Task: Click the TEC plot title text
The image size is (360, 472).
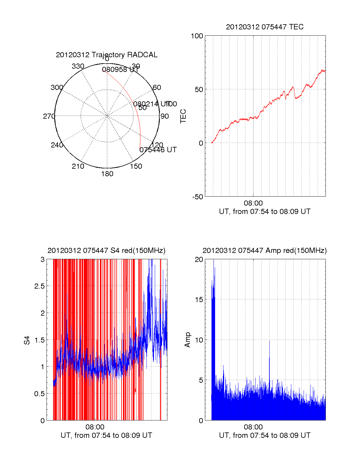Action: coord(265,27)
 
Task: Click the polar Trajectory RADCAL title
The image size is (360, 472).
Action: coord(106,55)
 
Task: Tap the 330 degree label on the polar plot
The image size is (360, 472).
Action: coord(78,66)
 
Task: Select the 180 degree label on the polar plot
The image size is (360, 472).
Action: coord(107,174)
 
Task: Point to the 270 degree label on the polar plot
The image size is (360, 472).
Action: coord(49,116)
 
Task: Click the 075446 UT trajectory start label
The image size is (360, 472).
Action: coord(158,150)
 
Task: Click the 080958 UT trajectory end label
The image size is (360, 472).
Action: coord(121,70)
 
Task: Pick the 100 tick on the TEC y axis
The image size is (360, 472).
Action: coord(197,36)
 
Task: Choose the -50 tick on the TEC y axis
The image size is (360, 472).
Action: coord(197,197)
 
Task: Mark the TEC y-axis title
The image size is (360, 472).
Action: coord(183,116)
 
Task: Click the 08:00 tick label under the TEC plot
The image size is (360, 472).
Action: coord(253,203)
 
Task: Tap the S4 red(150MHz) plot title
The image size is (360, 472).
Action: coord(106,251)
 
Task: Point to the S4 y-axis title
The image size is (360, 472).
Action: coord(27,340)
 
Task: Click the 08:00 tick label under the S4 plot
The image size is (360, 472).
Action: coord(95,427)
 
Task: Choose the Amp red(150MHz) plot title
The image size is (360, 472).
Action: coord(265,251)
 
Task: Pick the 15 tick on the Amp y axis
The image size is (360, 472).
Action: coord(199,300)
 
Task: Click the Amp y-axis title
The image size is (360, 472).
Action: coord(187,340)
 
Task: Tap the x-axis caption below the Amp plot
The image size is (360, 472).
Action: coord(265,435)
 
